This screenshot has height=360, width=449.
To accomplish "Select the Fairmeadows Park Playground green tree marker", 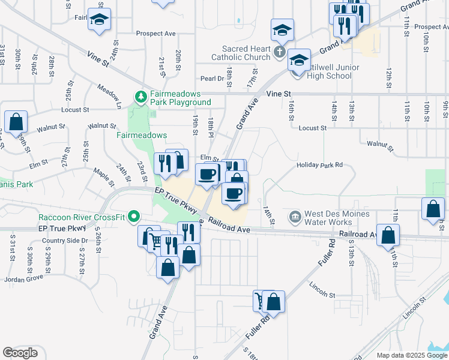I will pos(140,97).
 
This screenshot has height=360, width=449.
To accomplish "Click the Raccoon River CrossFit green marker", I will pos(135,216).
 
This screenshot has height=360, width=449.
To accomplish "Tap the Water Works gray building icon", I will pos(295,215).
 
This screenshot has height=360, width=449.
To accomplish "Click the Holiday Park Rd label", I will pos(319,164).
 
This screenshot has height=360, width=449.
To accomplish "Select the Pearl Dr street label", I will pos(212,79).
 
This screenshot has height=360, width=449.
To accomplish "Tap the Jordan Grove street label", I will pos(23,279).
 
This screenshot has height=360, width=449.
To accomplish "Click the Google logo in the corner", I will pos(20,353).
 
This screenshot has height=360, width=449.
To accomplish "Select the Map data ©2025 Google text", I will pos(411,355).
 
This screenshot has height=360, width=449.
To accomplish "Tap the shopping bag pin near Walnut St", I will pos(16,121).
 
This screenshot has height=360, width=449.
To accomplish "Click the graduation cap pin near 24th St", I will pos(100,19).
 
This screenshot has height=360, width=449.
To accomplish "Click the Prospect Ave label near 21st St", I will pos(155,34).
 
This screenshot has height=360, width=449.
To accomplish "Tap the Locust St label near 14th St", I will pos(312,128).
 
